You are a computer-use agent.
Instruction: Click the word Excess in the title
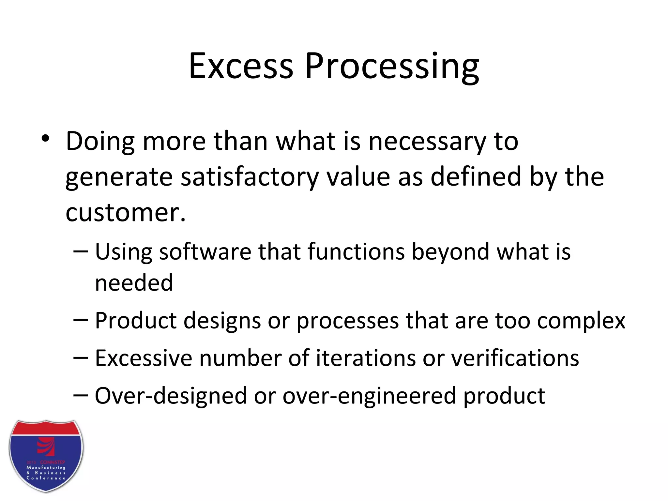coord(241,66)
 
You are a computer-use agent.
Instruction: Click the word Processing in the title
coord(392,66)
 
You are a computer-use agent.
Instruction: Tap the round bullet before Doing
coord(45,139)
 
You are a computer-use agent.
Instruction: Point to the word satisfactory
coord(250,177)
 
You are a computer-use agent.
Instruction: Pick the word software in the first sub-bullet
coord(205,252)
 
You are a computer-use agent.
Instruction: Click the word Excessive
coord(143,358)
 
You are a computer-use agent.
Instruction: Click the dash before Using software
coord(81,251)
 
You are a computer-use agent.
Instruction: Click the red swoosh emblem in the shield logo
coord(46,446)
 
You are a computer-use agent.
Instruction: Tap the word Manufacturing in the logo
coord(46,467)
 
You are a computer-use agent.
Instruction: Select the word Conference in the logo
coord(46,478)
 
